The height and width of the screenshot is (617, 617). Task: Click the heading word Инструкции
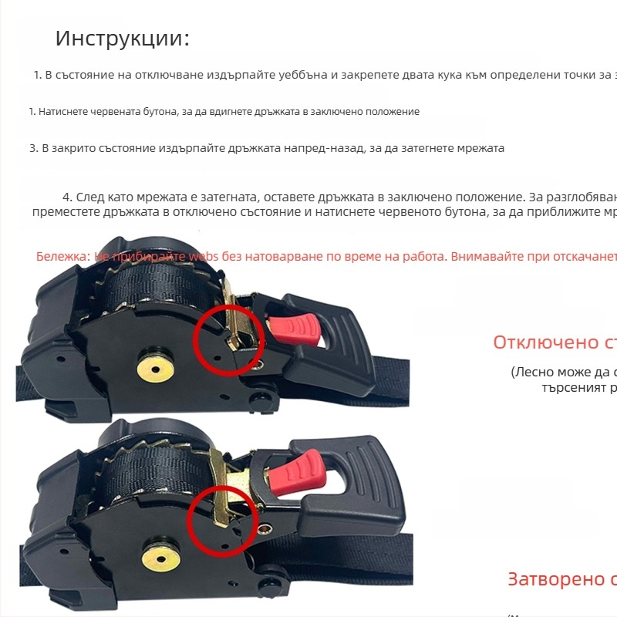(122, 39)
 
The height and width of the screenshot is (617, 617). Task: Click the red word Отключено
(541, 342)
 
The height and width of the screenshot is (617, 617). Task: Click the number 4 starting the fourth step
(67, 197)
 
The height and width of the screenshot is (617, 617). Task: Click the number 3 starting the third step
(33, 148)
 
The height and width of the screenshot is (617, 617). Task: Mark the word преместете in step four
(63, 211)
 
